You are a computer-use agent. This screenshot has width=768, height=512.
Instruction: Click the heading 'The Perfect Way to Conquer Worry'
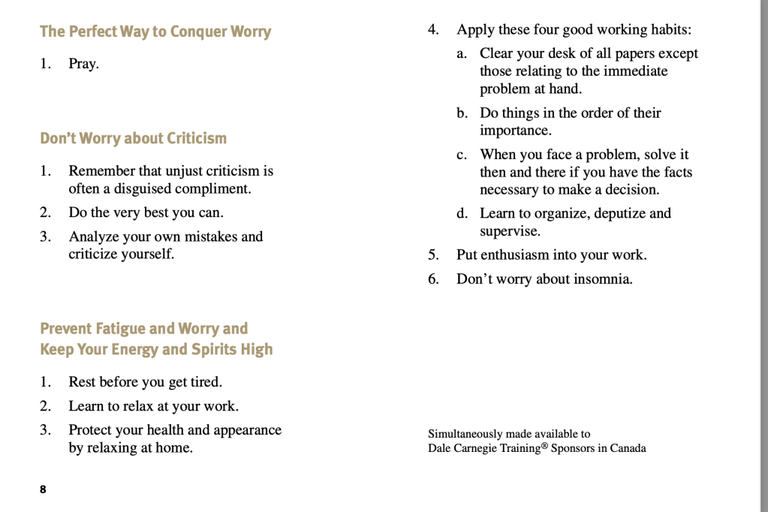click(x=155, y=32)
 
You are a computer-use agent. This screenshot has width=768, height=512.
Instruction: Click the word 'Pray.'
click(x=83, y=64)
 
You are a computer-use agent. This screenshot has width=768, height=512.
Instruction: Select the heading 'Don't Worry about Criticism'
click(x=133, y=138)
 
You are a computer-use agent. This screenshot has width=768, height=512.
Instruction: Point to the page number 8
click(x=43, y=489)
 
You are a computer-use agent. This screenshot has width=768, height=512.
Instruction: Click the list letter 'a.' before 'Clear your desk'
click(x=462, y=53)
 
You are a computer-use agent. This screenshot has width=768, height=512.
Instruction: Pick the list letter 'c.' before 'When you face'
click(x=462, y=155)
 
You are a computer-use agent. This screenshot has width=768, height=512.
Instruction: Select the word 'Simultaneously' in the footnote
click(x=465, y=434)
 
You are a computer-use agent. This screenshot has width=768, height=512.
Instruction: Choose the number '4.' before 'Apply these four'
click(x=433, y=30)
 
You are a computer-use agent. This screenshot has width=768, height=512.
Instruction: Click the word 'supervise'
click(x=510, y=231)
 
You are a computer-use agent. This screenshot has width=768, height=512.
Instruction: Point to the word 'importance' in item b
click(x=515, y=131)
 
